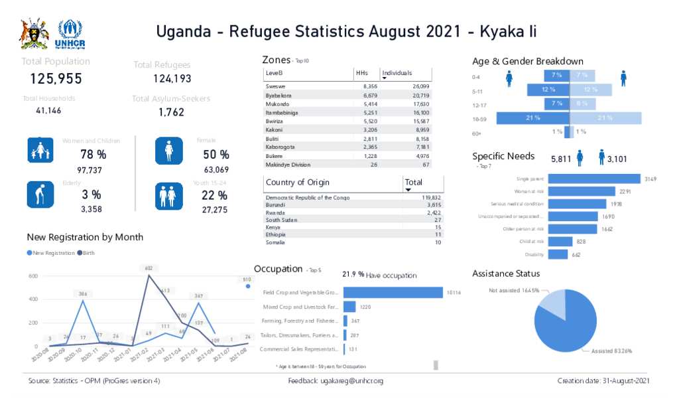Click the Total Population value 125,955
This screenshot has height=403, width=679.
coord(56,79)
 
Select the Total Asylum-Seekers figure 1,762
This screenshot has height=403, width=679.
coord(171,112)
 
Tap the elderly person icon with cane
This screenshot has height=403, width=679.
coord(40,195)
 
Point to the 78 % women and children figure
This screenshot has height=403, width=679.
coord(93,155)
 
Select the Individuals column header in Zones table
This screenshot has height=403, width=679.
coord(397,73)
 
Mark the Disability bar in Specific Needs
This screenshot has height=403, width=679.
coord(558,254)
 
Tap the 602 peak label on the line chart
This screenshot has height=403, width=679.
coord(149,268)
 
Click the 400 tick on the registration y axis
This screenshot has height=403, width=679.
coord(33,299)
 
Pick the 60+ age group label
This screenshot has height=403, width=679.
coord(476,133)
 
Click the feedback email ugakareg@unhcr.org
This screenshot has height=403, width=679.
coord(351,381)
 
